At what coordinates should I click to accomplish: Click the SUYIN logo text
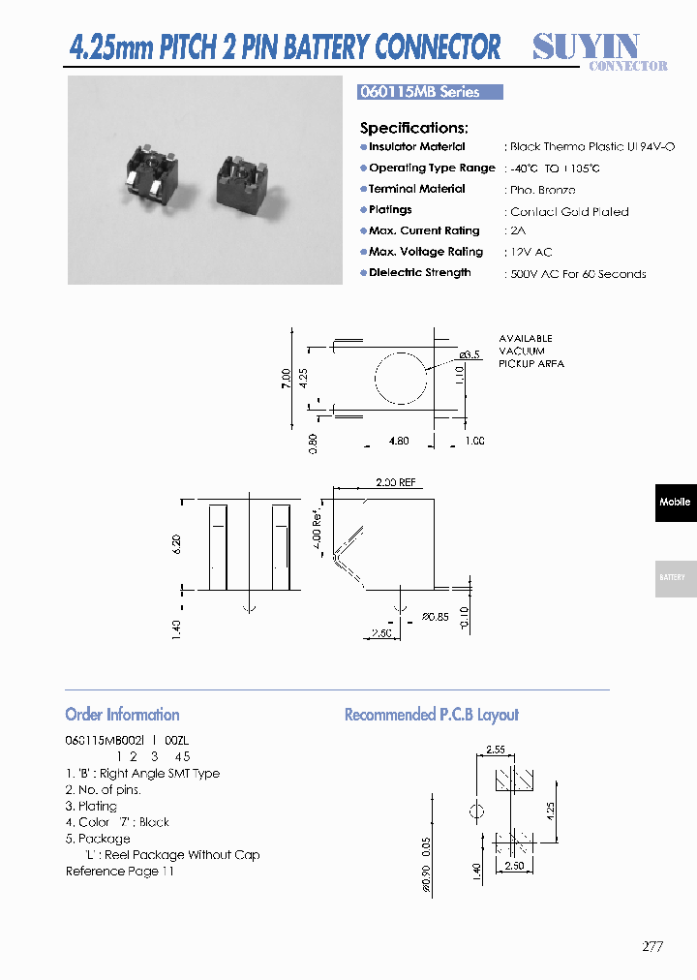click(x=586, y=46)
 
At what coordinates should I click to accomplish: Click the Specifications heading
click(x=413, y=128)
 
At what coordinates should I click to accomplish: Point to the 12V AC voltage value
click(x=530, y=253)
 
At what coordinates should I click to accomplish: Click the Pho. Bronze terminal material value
click(x=542, y=191)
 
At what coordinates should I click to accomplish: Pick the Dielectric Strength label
click(x=420, y=273)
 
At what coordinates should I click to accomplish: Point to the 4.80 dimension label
click(x=398, y=442)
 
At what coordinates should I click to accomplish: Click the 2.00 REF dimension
click(x=395, y=482)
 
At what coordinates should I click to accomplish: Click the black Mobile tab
click(x=675, y=503)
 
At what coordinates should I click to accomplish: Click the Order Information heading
click(x=122, y=715)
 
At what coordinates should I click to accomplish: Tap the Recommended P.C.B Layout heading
click(x=432, y=715)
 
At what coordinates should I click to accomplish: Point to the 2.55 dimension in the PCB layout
click(x=496, y=750)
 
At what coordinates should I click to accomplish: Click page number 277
click(x=652, y=947)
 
